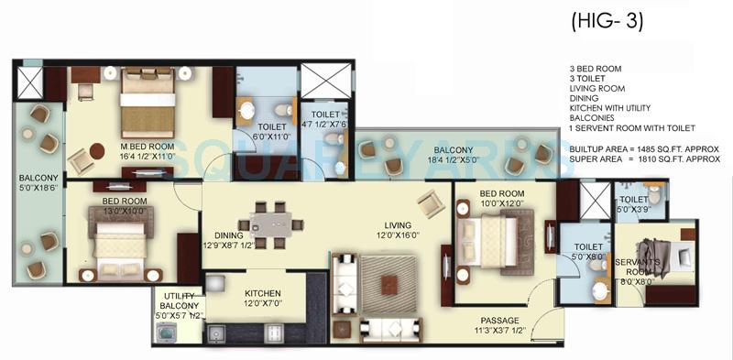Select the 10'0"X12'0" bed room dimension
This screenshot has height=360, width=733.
(502, 203)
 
